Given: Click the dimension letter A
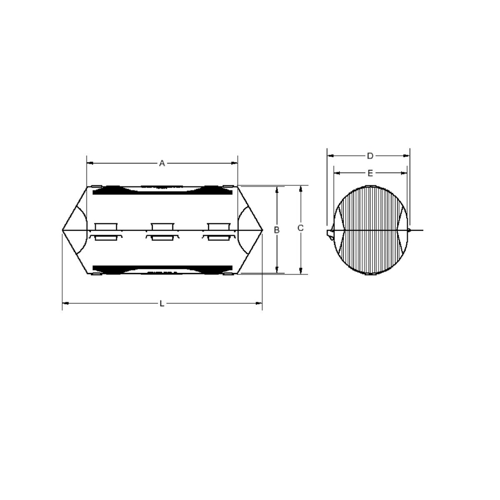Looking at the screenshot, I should (x=162, y=164).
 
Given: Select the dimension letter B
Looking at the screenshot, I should (x=276, y=229).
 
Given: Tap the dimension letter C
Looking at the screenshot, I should (x=301, y=228).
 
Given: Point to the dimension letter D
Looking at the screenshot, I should (x=370, y=156).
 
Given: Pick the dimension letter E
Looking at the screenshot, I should (x=370, y=173).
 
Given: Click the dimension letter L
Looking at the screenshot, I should (x=162, y=304).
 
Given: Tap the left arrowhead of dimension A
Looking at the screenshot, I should (x=89, y=164).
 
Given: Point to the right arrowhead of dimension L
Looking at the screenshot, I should (x=260, y=304).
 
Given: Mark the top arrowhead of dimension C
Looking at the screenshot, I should (x=301, y=188).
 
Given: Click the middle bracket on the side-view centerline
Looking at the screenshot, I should (x=163, y=231).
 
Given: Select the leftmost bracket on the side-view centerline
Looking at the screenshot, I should (x=106, y=231).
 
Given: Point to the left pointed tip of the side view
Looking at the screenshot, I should (x=63, y=229).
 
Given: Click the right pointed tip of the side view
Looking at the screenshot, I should (x=262, y=229).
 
